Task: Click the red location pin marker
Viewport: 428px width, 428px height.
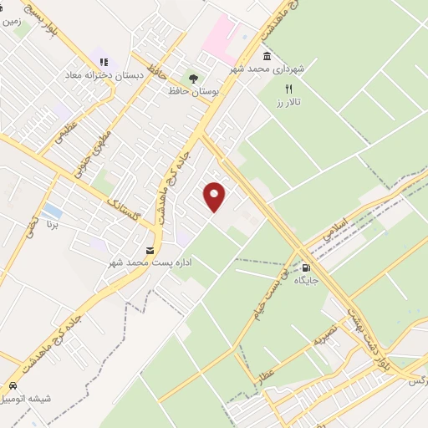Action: point(216,196)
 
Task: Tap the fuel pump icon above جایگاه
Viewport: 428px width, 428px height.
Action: point(306,268)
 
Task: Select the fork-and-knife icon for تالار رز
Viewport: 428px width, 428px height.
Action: point(289,89)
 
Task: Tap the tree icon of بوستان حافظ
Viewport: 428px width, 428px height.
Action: point(194,78)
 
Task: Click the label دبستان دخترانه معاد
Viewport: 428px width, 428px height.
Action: point(104,74)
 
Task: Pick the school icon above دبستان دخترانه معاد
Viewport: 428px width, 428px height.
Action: point(104,62)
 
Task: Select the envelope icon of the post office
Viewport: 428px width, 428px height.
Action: point(150,251)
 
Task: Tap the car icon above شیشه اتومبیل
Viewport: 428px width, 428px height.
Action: point(14,386)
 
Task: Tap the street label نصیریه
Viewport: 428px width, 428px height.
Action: point(324,341)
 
